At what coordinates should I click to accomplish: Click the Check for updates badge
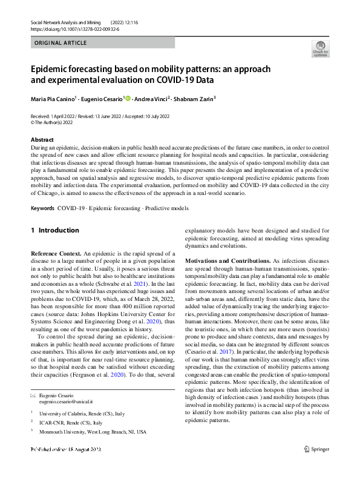pos(319,48)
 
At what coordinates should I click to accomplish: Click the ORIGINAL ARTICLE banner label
pos(61,43)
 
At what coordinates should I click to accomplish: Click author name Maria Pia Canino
pos(53,99)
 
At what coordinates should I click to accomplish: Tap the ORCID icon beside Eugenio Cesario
pos(128,99)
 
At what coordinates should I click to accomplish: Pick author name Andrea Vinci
pos(151,99)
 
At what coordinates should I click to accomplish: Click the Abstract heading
pos(42,140)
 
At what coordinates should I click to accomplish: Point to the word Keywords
pos(42,208)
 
